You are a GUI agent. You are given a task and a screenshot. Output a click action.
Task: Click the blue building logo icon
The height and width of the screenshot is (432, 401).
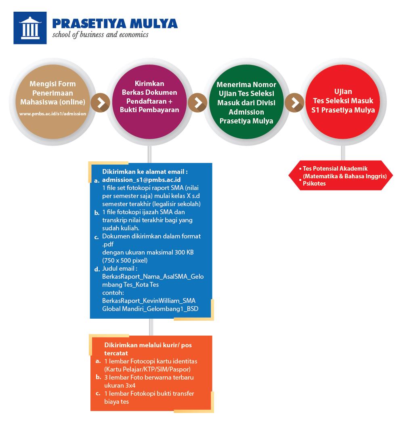coord(30,28)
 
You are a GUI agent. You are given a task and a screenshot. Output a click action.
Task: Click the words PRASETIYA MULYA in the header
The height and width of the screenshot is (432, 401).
coord(115,23)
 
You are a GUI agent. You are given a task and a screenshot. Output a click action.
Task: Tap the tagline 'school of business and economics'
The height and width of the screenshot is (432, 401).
coord(100,35)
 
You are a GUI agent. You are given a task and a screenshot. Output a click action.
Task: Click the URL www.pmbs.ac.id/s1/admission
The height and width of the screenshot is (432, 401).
coord(53,114)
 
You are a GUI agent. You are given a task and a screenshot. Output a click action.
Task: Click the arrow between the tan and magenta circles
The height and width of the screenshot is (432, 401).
coord(101,102)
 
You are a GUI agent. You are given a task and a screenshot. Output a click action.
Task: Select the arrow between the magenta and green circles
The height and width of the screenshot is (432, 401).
coord(198,102)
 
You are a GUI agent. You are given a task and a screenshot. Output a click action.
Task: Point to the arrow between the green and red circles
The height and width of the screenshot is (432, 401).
coord(295,102)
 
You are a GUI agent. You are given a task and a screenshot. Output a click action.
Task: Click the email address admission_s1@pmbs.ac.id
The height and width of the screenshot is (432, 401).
coord(141,179)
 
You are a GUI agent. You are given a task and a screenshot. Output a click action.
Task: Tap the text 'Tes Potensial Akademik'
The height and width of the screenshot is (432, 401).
coord(335,169)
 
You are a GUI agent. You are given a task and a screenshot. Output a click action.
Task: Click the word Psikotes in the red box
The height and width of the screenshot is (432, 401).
coord(315,183)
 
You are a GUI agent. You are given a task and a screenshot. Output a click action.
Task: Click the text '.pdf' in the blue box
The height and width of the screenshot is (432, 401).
coord(108,244)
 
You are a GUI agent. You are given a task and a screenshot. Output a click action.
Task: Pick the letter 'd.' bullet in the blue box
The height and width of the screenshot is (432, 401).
coord(97,269)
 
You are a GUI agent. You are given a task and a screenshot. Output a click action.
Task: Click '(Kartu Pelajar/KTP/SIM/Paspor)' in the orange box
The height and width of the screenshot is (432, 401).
coord(147,369)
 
